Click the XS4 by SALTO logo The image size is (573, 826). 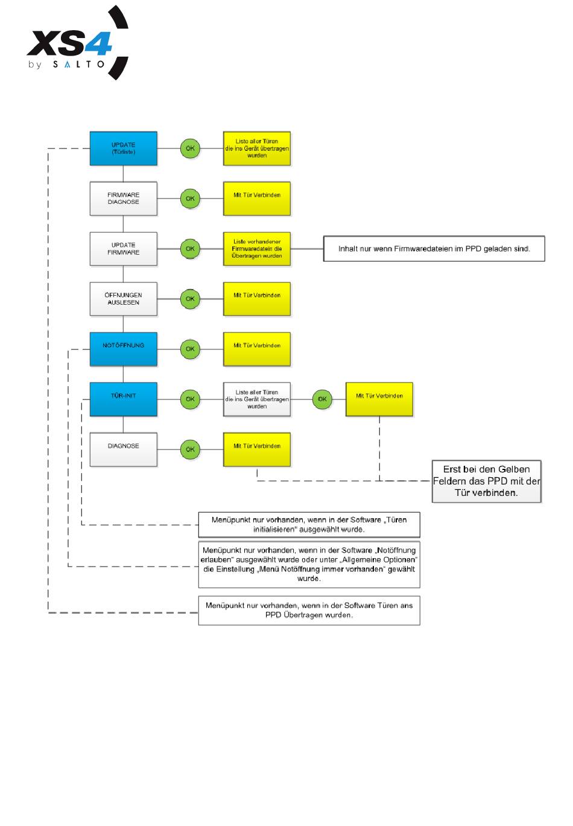pos(77,42)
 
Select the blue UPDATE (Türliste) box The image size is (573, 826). pos(123,148)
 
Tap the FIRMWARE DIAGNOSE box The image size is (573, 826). pos(123,199)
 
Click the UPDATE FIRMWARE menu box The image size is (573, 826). pos(123,249)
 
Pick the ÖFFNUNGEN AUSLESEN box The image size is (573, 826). pos(123,299)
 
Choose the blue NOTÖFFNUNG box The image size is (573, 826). pos(123,349)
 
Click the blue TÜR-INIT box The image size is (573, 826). pos(123,399)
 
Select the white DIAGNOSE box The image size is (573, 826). pos(123,449)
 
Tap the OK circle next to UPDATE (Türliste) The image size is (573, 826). pos(190,148)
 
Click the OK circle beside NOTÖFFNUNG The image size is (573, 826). pos(190,349)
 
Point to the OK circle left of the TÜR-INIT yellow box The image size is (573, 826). pos(322,399)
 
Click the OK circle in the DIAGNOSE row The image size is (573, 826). pos(190,449)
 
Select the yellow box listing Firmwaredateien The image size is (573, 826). pos(256,249)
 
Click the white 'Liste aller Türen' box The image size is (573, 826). pos(256,399)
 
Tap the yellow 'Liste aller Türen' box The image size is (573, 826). pos(256,148)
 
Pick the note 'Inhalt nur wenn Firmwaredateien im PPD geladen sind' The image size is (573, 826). pos(434,249)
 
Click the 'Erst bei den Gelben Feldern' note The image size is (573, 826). pos(486,481)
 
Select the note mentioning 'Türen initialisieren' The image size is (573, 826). pos(309,524)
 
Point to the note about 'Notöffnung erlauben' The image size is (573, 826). pos(309,564)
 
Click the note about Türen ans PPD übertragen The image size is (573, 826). pos(309,610)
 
